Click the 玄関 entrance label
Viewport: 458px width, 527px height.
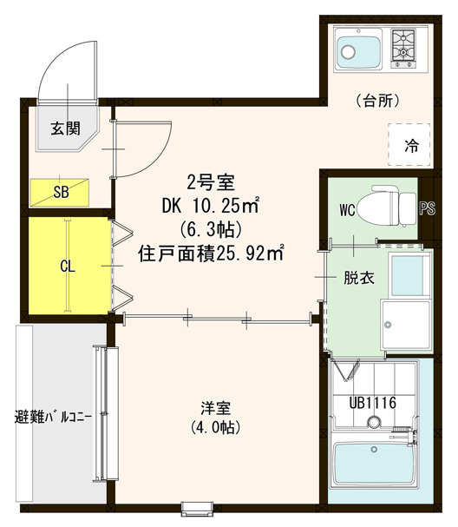(x=65, y=128)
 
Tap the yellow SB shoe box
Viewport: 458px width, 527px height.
(x=60, y=192)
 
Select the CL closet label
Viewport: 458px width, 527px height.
(x=68, y=267)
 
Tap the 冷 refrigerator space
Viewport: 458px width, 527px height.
(x=409, y=144)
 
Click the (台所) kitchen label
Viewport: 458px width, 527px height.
(x=377, y=100)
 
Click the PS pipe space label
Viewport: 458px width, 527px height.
(x=428, y=208)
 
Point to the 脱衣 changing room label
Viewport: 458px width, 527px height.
(x=358, y=279)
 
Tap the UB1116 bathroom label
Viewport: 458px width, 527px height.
(x=373, y=403)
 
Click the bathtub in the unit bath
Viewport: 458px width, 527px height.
(x=374, y=464)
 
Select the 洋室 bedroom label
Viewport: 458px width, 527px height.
(x=215, y=409)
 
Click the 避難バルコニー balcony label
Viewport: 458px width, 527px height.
(x=53, y=418)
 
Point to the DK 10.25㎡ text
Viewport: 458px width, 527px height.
(x=211, y=206)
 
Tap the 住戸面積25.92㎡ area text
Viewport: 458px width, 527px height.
(x=211, y=254)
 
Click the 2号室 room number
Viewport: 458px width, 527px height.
(x=211, y=183)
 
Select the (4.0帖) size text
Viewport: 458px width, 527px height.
(x=215, y=427)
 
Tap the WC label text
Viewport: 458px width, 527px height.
(x=347, y=210)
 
